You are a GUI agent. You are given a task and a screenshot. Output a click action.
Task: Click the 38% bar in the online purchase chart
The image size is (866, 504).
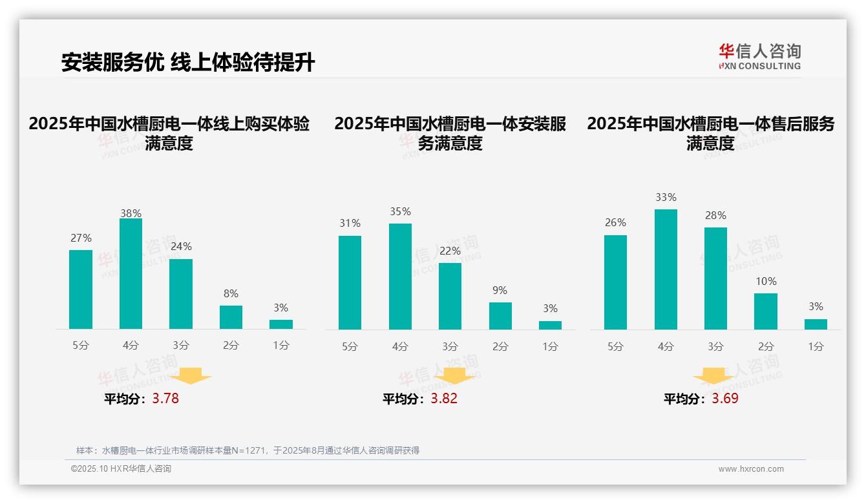pyautogui.click(x=131, y=274)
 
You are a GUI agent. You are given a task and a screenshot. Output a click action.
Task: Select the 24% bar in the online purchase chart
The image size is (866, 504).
pyautogui.click(x=181, y=294)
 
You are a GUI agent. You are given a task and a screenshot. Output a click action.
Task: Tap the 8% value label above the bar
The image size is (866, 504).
pyautogui.click(x=231, y=293)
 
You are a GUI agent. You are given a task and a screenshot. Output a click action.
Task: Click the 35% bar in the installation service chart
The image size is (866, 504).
pyautogui.click(x=400, y=277)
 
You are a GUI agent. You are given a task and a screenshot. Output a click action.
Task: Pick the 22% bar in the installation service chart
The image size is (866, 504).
pyautogui.click(x=450, y=296)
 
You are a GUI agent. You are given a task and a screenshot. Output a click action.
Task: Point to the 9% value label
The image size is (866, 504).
pyautogui.click(x=500, y=291)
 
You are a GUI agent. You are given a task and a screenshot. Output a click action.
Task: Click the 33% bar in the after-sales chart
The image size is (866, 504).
pyautogui.click(x=666, y=269)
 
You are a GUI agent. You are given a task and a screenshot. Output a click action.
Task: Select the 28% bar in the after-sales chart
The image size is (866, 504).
pyautogui.click(x=715, y=278)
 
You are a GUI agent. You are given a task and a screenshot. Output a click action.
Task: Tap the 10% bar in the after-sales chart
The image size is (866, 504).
pyautogui.click(x=766, y=311)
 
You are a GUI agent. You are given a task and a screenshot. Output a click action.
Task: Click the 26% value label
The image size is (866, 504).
pyautogui.click(x=615, y=222)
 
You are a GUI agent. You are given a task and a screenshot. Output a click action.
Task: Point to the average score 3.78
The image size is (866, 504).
pyautogui.click(x=165, y=399)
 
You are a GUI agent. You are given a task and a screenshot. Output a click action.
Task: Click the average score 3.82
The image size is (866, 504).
pyautogui.click(x=444, y=399)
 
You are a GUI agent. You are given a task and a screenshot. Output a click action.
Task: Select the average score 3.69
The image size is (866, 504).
pyautogui.click(x=725, y=399)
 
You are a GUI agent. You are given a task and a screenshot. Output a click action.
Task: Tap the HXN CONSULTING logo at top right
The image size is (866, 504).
pyautogui.click(x=759, y=56)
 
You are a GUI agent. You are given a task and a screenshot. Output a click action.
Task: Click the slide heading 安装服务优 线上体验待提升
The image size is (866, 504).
pyautogui.click(x=188, y=63)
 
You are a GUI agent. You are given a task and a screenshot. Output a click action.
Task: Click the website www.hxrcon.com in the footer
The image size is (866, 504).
pyautogui.click(x=751, y=469)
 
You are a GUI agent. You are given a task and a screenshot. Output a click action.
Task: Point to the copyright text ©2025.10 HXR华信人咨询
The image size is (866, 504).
pyautogui.click(x=121, y=469)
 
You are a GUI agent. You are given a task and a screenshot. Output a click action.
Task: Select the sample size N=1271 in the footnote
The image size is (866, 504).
pyautogui.click(x=244, y=450)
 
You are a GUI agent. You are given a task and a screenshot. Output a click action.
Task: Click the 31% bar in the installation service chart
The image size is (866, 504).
pyautogui.click(x=350, y=282)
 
